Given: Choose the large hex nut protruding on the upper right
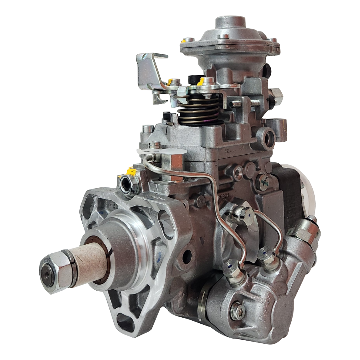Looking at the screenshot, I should tap(276, 95).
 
